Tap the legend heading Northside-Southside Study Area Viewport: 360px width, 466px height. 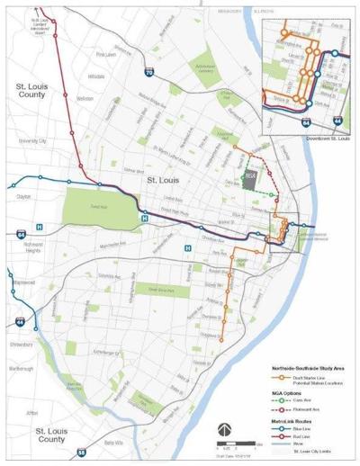point(309,367)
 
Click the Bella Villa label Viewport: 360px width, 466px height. point(112,444)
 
